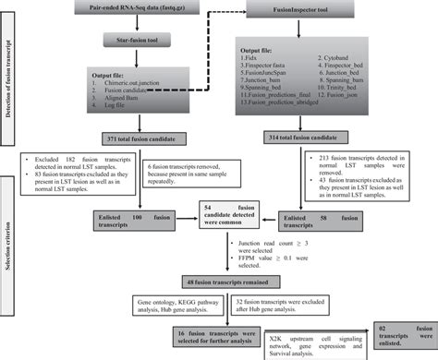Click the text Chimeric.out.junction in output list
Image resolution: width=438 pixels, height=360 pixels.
click(x=140, y=85)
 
